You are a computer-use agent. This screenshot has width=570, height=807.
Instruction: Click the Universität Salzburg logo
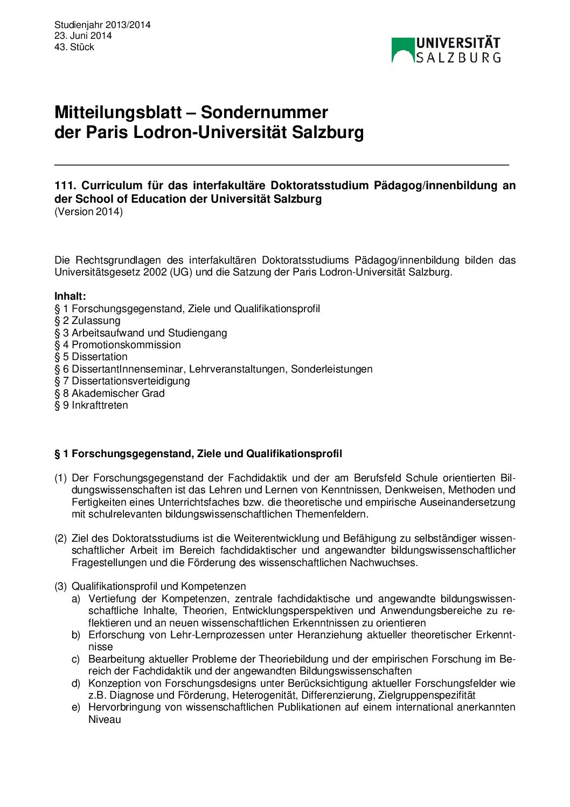pos(446,50)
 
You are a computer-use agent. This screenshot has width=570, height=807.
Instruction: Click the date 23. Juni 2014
pos(83,36)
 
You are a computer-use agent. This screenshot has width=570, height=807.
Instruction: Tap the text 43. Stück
pos(74,47)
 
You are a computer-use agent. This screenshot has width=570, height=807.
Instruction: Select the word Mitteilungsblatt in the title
pos(118,112)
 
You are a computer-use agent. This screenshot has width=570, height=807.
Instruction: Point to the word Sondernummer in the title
pos(264,112)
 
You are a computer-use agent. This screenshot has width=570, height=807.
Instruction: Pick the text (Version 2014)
pos(88,211)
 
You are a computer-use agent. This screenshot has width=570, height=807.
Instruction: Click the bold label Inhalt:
pos(70,296)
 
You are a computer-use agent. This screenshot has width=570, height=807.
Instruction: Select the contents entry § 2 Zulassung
pos(87,321)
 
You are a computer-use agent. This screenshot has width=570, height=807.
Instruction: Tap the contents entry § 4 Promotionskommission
pos(117,345)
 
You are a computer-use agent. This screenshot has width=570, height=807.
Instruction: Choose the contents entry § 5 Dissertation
pos(91,357)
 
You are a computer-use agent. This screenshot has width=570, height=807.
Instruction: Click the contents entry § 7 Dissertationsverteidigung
pos(122,381)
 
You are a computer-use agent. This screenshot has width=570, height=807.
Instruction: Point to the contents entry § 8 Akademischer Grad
pos(109,394)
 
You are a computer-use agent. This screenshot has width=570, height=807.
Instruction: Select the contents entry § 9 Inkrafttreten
pos(91,405)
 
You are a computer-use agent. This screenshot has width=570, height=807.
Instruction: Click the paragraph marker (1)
pos(60,478)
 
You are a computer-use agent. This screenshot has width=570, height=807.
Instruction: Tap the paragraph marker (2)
pos(60,539)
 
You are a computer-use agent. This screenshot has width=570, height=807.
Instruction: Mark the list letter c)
pos(76,659)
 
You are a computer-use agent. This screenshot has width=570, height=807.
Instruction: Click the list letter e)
pos(76,707)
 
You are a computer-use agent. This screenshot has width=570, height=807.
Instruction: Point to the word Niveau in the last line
pos(105,720)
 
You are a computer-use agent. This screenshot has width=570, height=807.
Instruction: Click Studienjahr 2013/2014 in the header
pos(102,25)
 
